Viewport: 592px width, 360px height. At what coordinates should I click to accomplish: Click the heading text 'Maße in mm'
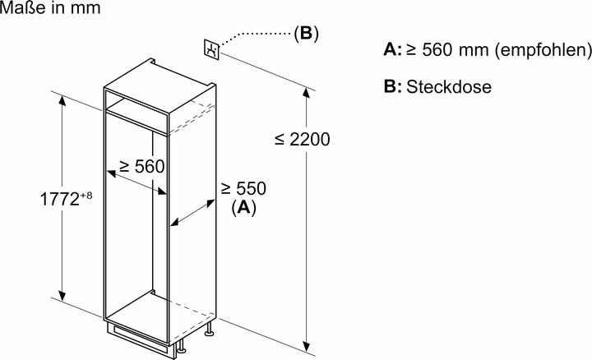pyautogui.click(x=40, y=10)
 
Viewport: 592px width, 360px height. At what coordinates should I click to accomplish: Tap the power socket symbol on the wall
pyautogui.click(x=211, y=49)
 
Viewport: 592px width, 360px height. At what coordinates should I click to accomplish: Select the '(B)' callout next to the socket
pyautogui.click(x=305, y=33)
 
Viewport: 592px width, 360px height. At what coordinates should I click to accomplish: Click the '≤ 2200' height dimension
pyautogui.click(x=302, y=139)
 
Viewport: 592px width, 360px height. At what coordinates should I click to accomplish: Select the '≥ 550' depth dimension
pyautogui.click(x=243, y=189)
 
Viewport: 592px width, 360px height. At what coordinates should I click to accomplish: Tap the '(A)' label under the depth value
pyautogui.click(x=244, y=208)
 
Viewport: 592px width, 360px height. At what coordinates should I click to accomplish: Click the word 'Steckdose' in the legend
pyautogui.click(x=448, y=87)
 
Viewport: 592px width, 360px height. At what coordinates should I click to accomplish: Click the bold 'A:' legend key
pyautogui.click(x=393, y=50)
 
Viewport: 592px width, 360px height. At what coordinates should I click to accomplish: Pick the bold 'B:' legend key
pyautogui.click(x=393, y=87)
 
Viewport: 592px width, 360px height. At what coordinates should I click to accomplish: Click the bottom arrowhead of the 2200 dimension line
pyautogui.click(x=308, y=346)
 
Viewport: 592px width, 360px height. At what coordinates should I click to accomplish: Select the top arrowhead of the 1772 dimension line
pyautogui.click(x=62, y=98)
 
